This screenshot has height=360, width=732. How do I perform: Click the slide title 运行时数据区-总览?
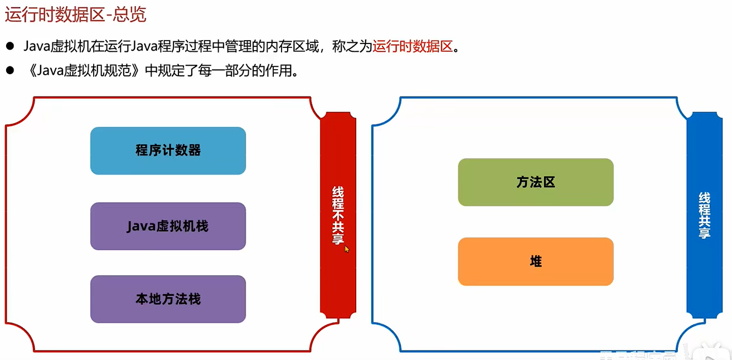[75, 15]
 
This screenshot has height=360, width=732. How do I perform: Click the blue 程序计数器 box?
[168, 150]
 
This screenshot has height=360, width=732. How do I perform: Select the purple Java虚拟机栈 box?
[168, 226]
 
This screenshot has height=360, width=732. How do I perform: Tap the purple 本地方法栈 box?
[168, 299]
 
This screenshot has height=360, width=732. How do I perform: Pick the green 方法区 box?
[536, 182]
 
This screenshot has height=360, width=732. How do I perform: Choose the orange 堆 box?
[536, 261]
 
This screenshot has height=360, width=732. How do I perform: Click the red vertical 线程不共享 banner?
[338, 215]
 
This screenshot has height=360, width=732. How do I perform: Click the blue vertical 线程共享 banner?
[704, 216]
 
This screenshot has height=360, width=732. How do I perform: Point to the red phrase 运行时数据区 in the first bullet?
[413, 47]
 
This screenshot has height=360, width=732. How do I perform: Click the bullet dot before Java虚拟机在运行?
[9, 46]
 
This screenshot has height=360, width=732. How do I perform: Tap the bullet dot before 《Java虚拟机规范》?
[9, 71]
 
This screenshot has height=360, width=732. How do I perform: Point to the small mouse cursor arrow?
[346, 249]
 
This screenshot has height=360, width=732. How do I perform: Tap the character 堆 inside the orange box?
[536, 261]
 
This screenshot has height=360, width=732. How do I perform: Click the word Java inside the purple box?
[140, 226]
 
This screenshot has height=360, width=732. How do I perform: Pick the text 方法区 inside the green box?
[536, 182]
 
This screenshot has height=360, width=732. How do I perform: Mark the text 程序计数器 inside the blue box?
[168, 150]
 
